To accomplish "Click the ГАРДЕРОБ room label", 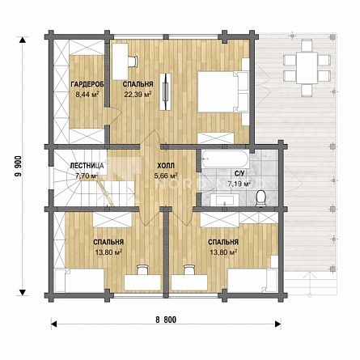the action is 87,84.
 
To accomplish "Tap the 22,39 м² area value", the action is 138,94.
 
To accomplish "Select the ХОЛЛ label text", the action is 166,165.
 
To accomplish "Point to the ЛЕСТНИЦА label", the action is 87,165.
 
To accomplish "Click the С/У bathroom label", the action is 239,174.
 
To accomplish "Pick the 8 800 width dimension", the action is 166,320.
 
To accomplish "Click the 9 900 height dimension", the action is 18,170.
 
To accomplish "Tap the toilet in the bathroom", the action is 261,198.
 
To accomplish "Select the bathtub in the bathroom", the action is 226,159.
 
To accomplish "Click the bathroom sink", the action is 225,200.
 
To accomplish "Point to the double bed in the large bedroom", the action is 222,91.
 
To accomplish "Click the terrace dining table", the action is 307,68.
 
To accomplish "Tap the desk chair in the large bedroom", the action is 133,61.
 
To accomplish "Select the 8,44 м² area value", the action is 87,95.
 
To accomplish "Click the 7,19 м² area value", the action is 239,184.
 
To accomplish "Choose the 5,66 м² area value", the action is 166,176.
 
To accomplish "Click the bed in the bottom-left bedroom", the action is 79,280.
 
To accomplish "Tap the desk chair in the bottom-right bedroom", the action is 188,269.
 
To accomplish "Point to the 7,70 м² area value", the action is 87,176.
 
